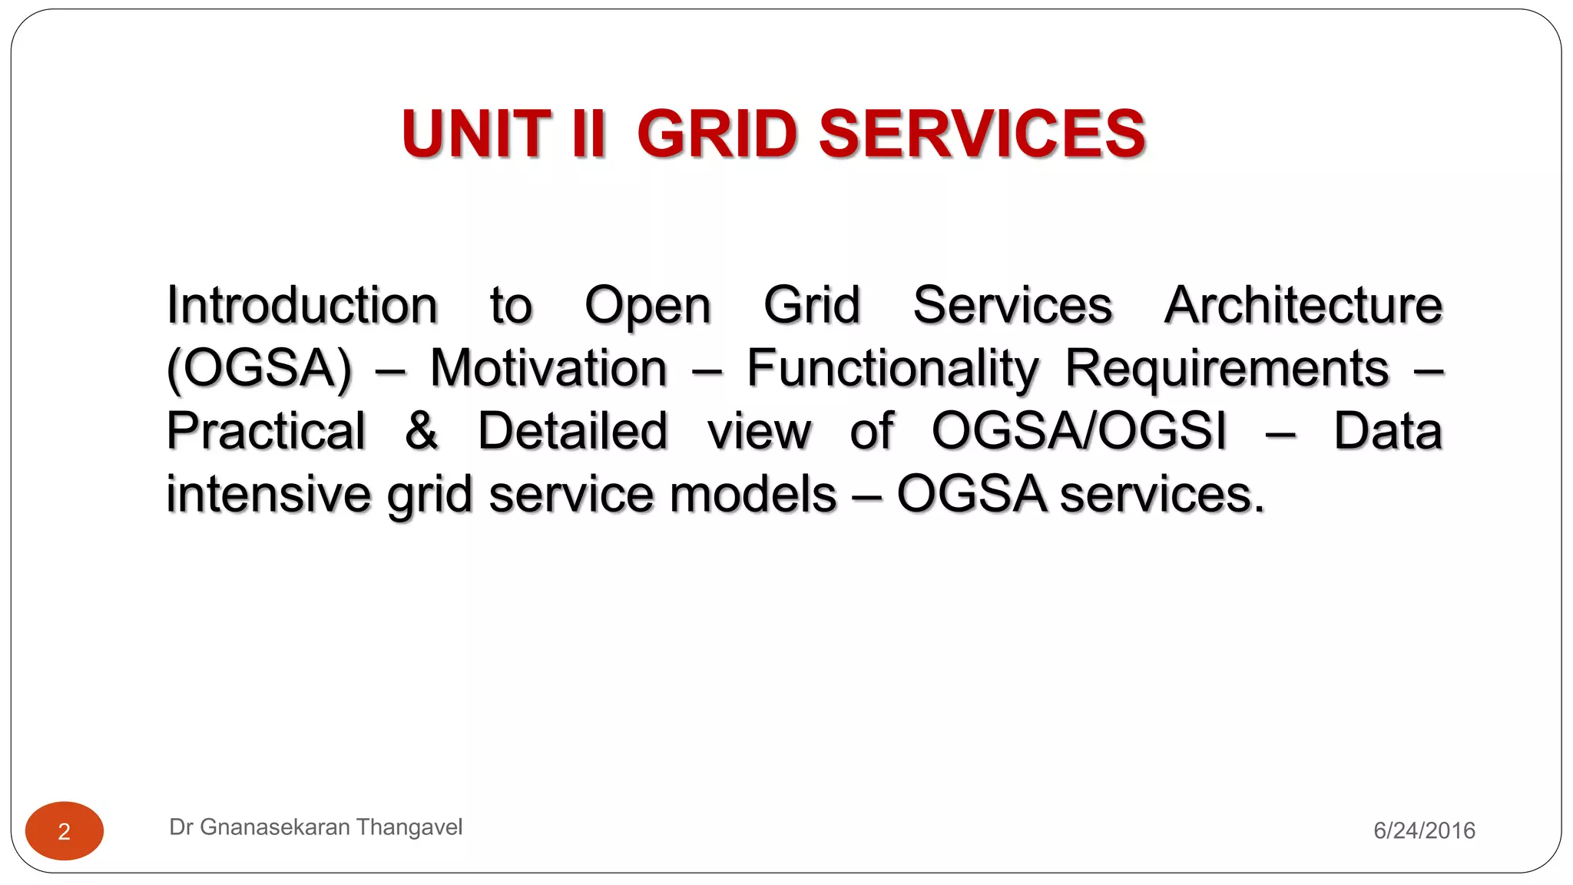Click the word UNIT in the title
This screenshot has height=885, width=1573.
(476, 134)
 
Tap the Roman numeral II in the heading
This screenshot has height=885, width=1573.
(588, 134)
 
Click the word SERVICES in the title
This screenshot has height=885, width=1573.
(982, 134)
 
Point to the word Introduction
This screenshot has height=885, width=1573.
(302, 306)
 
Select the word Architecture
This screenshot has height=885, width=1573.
(1303, 306)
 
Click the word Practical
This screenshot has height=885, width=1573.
(266, 431)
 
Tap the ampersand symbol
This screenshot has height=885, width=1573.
(422, 431)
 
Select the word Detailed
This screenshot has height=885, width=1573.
(572, 431)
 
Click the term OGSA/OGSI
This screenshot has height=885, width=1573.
(1079, 431)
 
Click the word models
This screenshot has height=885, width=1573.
(753, 494)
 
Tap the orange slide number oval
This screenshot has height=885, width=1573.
(65, 831)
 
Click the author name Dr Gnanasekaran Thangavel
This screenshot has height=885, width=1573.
(316, 827)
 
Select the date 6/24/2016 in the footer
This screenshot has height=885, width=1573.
(1424, 830)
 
